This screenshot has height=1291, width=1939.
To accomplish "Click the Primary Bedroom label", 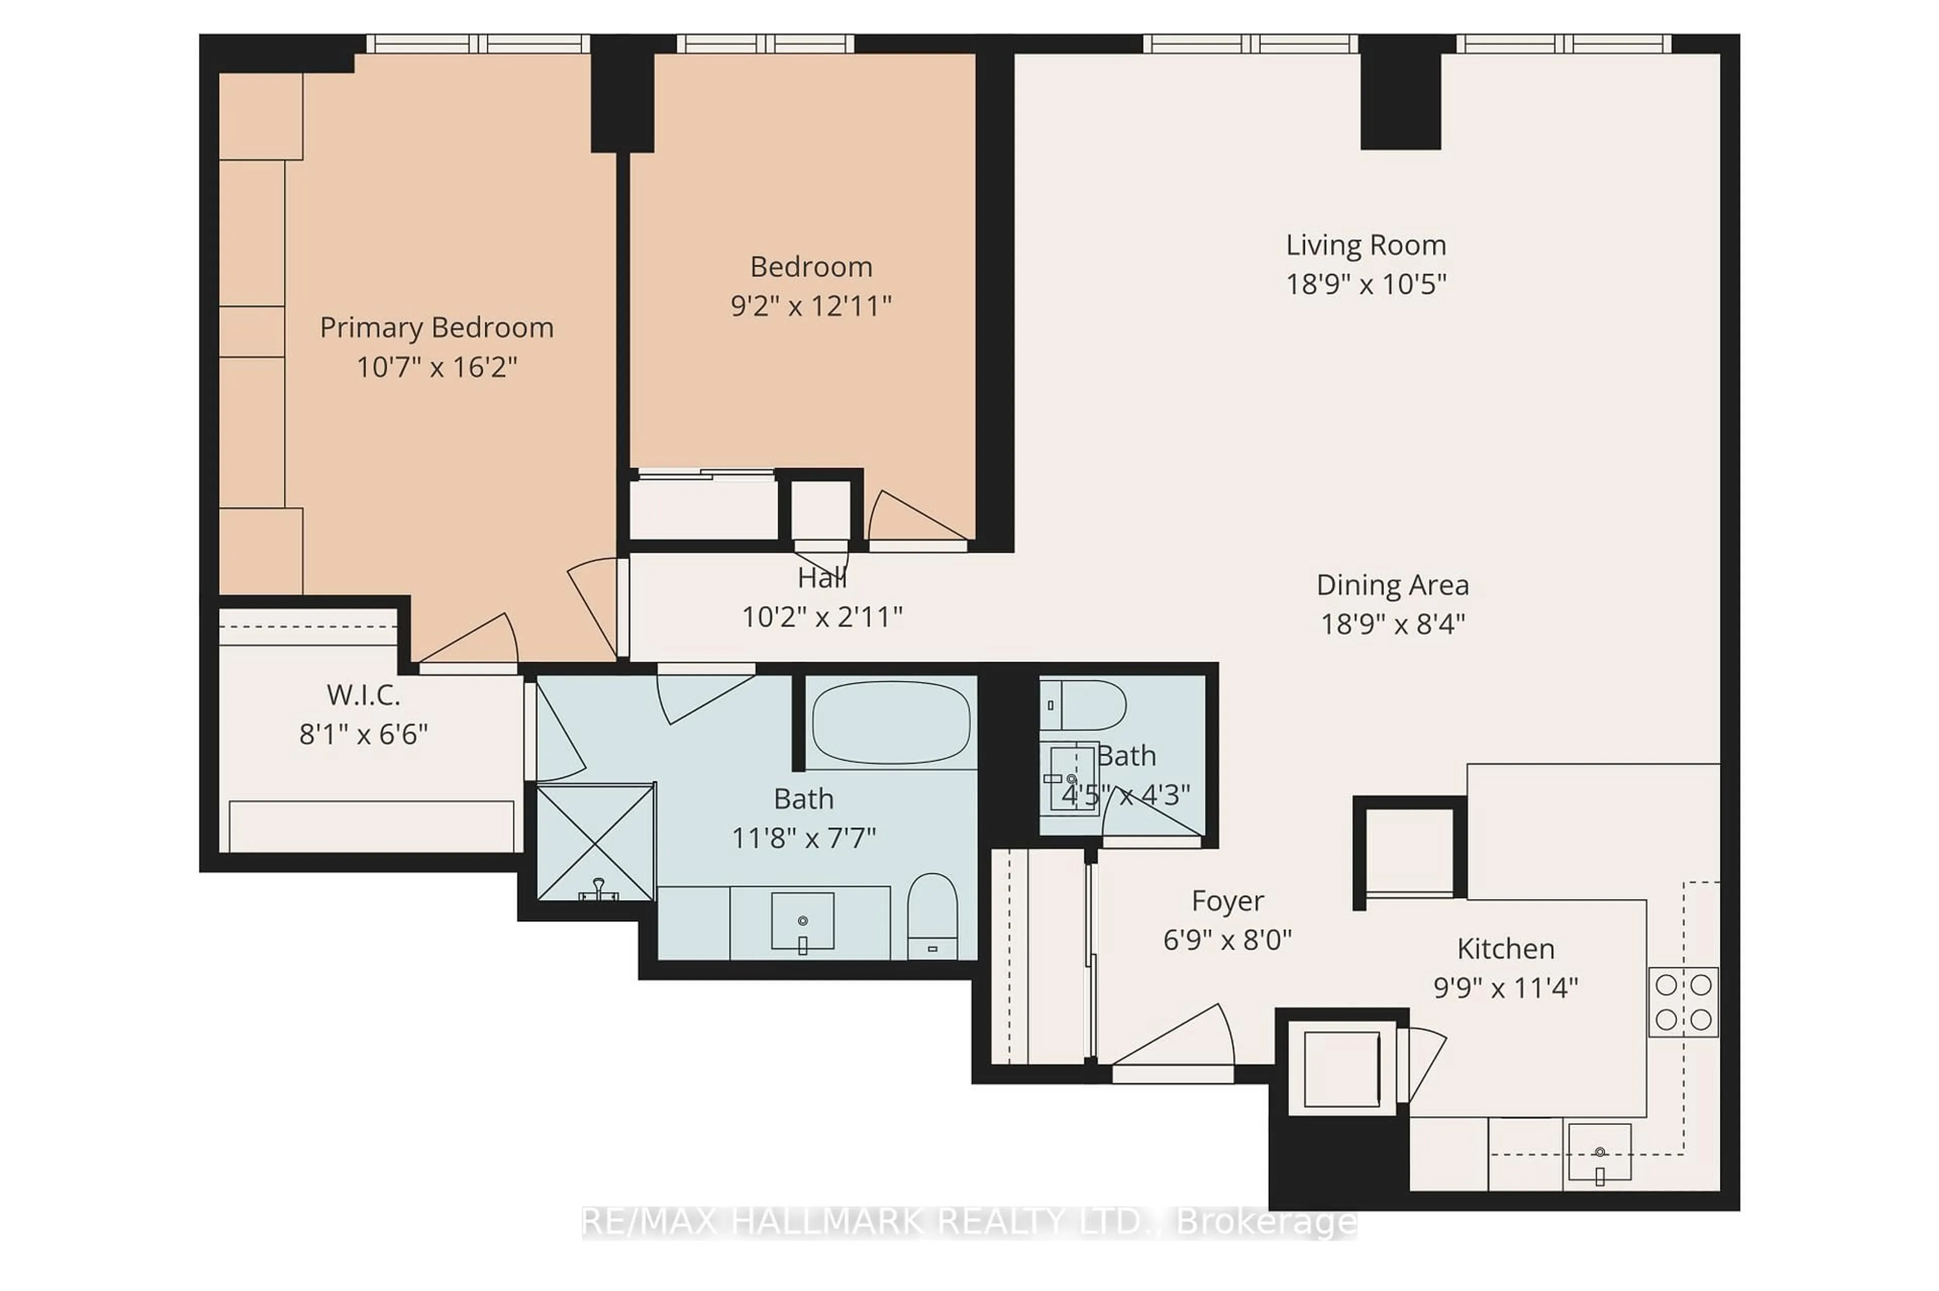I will coord(436,328).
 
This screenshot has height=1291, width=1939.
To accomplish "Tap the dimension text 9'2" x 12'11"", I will coord(810,306).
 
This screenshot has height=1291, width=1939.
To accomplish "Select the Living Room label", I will coord(1365,245).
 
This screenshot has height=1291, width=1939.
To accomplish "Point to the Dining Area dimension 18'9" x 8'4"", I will coord(1393,624).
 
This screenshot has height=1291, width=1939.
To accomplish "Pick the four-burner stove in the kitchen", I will coord(1683,1001).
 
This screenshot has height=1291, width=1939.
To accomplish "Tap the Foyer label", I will coord(1227,901).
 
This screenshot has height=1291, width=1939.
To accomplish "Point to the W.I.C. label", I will coord(363,695).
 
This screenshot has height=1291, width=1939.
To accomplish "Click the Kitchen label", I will coord(1505,949).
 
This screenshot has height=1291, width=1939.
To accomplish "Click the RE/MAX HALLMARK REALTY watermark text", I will coord(968,1223).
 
